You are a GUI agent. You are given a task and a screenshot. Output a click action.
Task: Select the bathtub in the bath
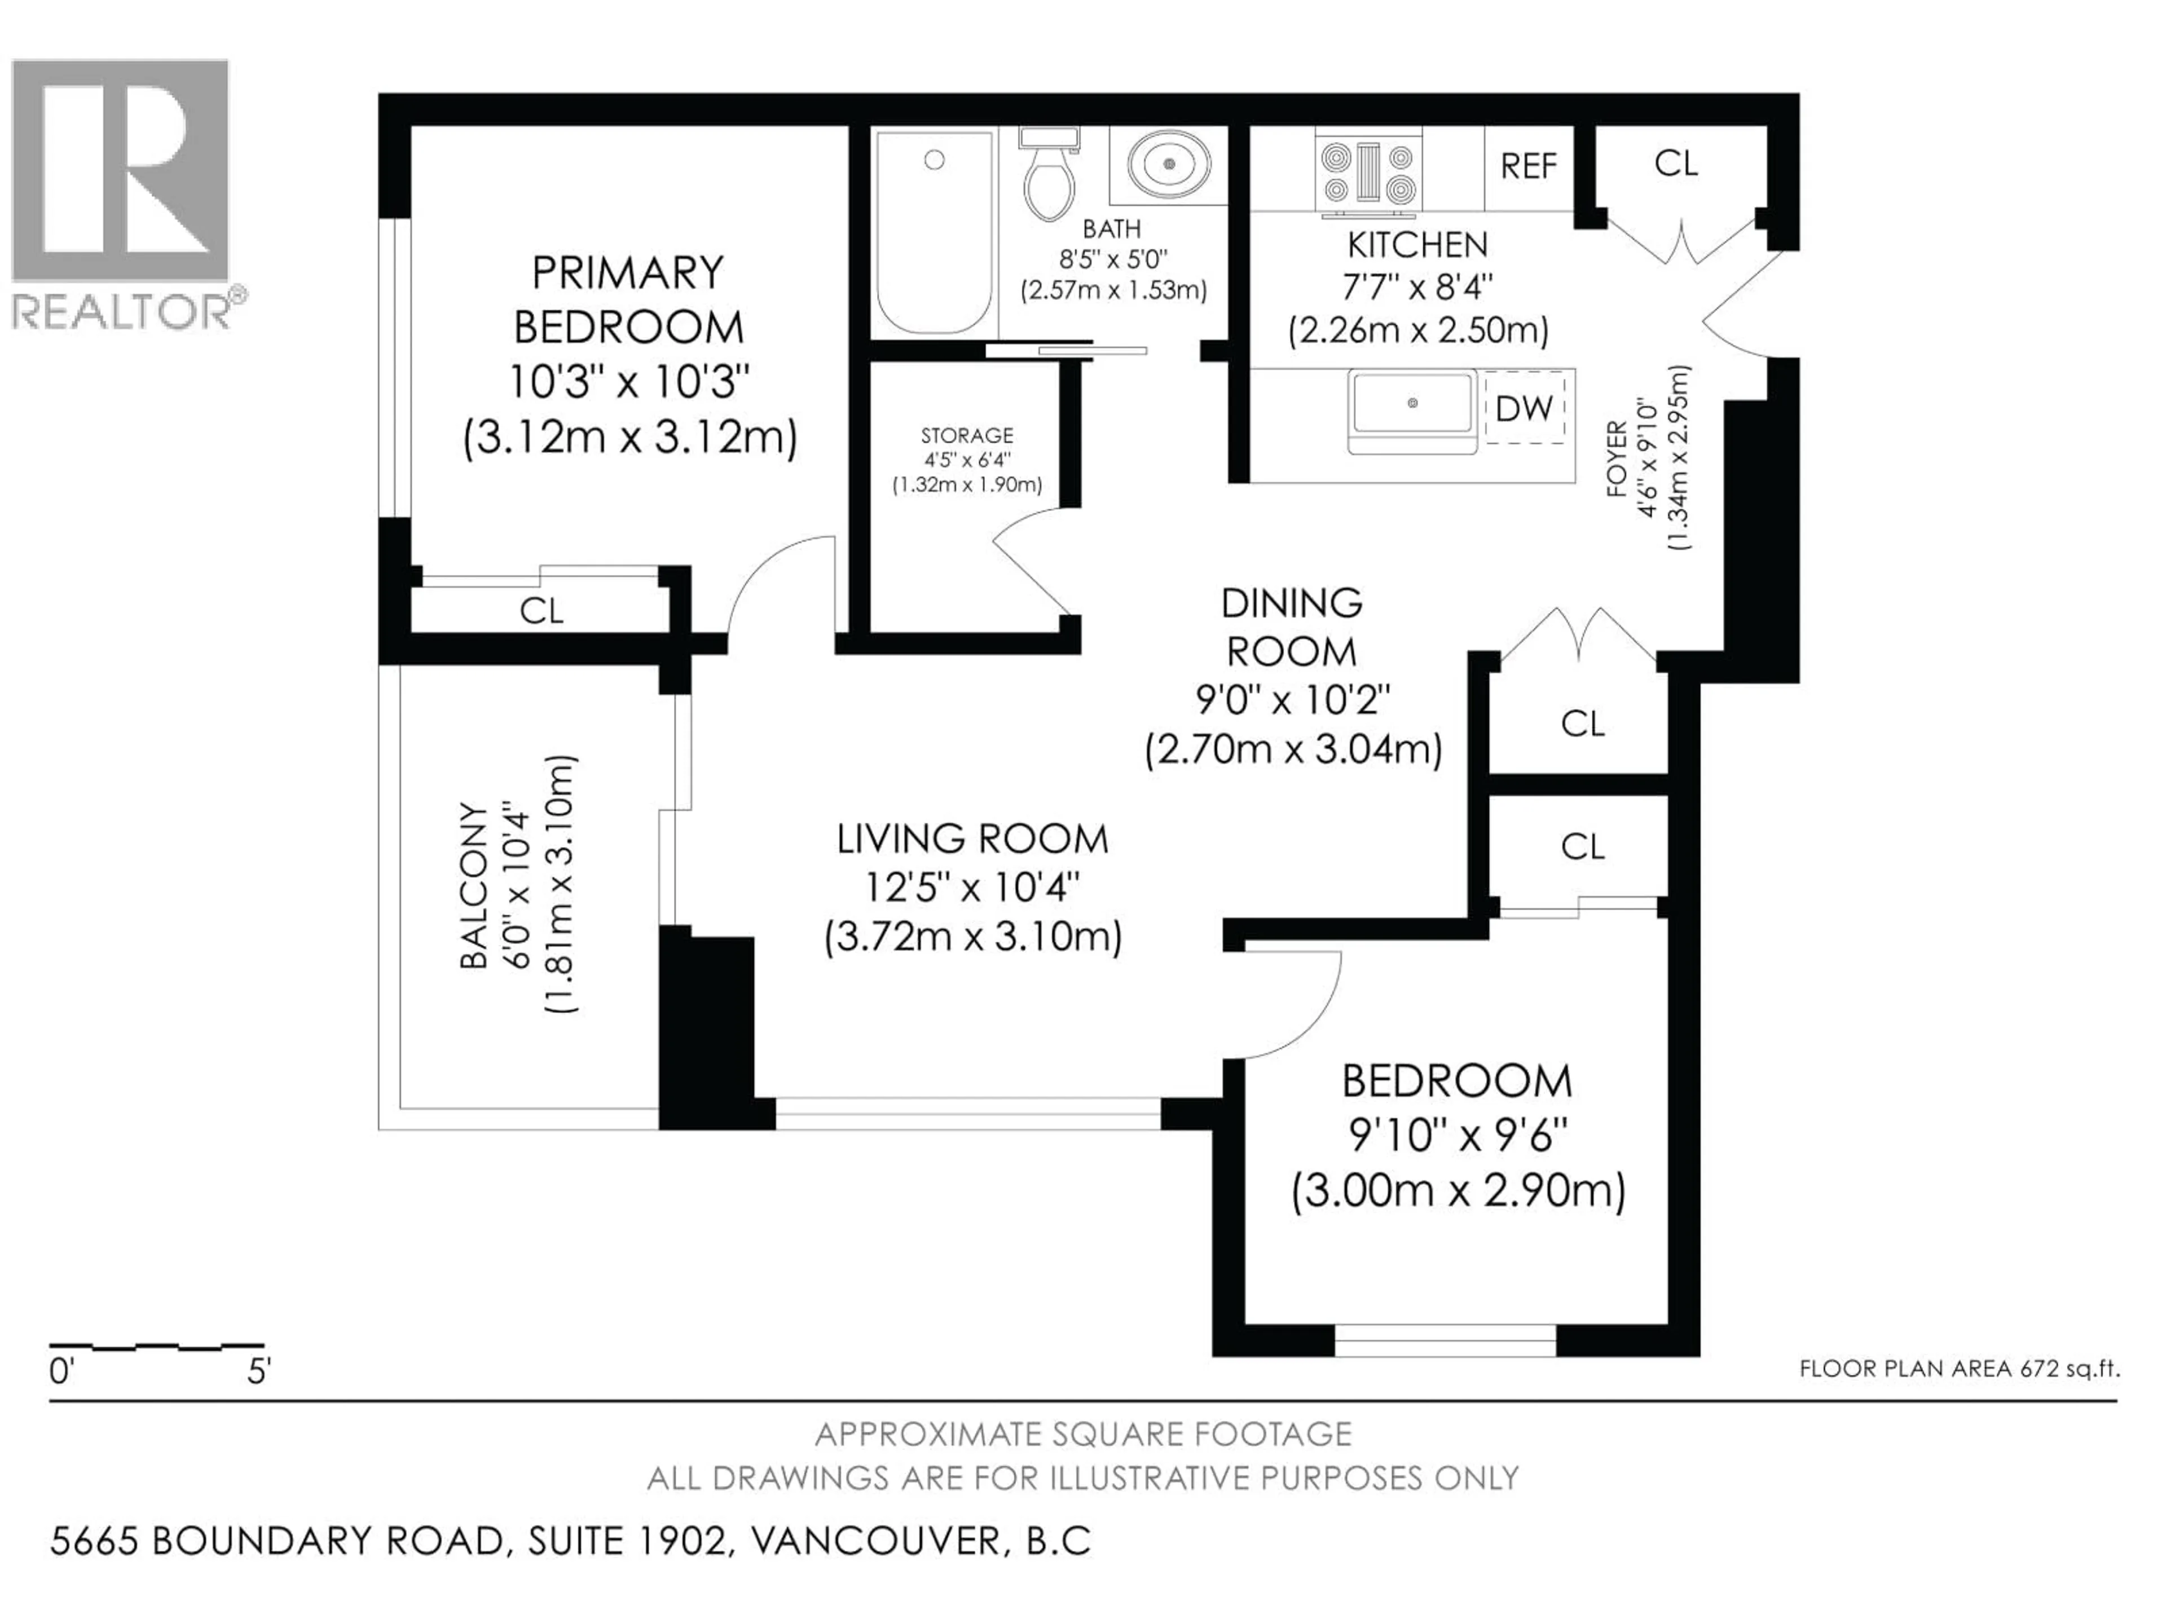pos(934,232)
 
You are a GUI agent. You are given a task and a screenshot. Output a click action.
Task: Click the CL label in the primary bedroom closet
pos(541,611)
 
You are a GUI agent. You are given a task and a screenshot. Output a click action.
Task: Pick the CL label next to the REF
pos(1676,164)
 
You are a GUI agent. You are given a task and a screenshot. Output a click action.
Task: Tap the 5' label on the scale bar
pos(258,1371)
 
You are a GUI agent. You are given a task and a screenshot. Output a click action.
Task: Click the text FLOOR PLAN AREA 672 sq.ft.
pos(1960,1369)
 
